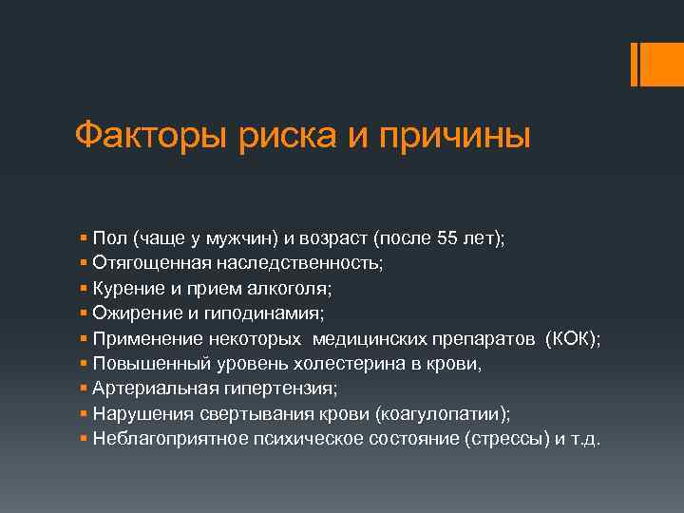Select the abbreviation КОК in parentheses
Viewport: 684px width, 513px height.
pos(566,339)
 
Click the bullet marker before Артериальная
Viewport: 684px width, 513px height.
pos(85,388)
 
